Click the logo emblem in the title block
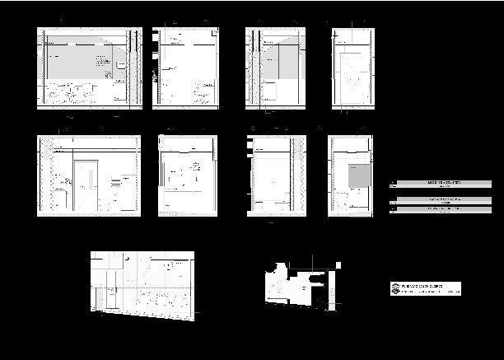point(395,288)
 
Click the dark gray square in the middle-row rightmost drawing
point(357,175)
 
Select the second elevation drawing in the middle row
point(187,175)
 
